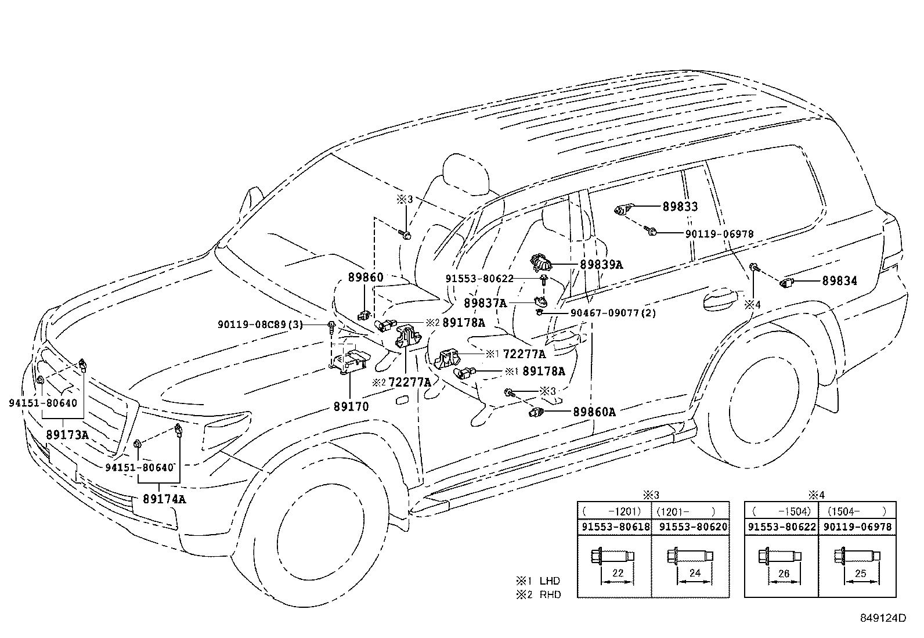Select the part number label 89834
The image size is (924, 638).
tap(839, 282)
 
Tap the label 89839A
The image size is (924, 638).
tap(601, 265)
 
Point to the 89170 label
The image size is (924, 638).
tap(351, 406)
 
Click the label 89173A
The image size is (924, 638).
tap(67, 435)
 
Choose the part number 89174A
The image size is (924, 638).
tap(165, 499)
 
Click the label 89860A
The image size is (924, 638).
tap(594, 412)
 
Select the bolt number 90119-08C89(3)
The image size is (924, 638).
tap(261, 325)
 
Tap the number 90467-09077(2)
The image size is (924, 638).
tap(605, 313)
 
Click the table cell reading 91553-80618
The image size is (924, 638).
tap(615, 527)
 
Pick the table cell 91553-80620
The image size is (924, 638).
tap(691, 527)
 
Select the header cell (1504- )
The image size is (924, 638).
tap(857, 511)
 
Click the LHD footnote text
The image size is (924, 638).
tap(550, 581)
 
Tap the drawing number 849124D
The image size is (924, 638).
tap(883, 618)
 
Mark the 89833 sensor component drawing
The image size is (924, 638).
tap(624, 208)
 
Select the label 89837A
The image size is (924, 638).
tap(485, 303)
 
